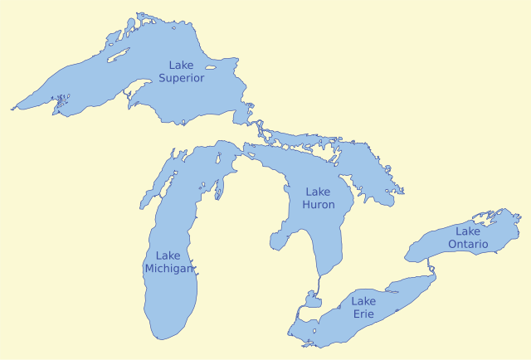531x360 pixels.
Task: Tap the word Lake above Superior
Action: [183, 65]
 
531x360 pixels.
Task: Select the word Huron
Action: [319, 204]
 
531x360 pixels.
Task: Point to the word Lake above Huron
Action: [319, 192]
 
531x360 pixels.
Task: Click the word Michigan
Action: [169, 269]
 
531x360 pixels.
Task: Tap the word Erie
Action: [363, 314]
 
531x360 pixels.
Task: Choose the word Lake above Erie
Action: [363, 301]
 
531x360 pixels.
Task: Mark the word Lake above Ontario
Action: [467, 231]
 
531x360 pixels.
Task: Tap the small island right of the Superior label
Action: [211, 68]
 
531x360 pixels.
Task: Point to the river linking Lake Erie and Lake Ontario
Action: [430, 265]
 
